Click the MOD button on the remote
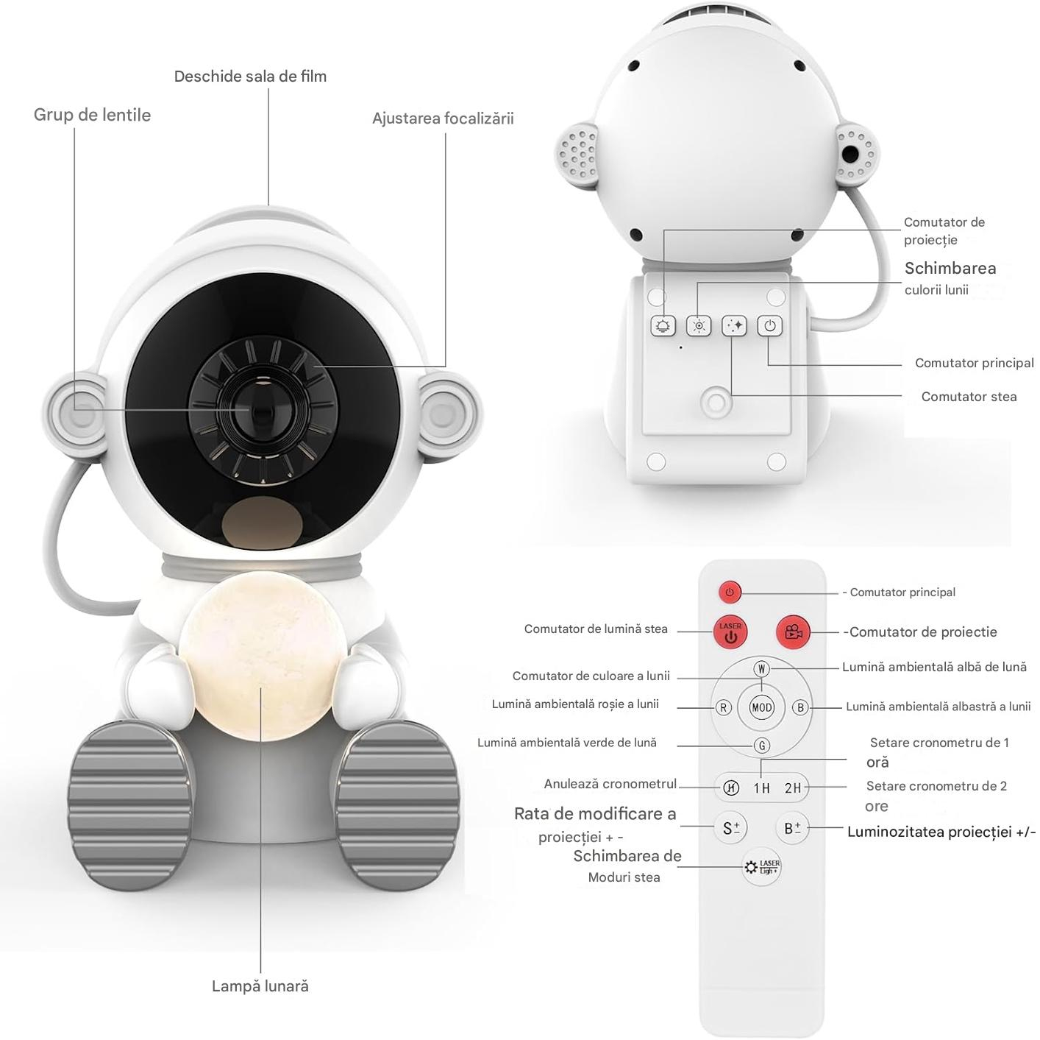click(761, 707)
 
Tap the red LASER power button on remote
click(730, 632)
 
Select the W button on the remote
click(761, 669)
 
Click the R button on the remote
click(723, 707)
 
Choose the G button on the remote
click(761, 746)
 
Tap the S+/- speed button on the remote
click(730, 828)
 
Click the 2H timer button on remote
click(792, 788)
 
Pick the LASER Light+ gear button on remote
click(761, 867)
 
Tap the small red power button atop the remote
click(729, 592)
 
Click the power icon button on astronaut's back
click(769, 325)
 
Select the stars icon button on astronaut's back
click(734, 325)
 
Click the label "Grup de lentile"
click(92, 115)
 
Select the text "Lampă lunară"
click(260, 986)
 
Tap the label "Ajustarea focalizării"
click(443, 118)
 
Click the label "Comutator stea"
click(969, 397)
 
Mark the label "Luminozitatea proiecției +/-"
click(941, 832)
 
